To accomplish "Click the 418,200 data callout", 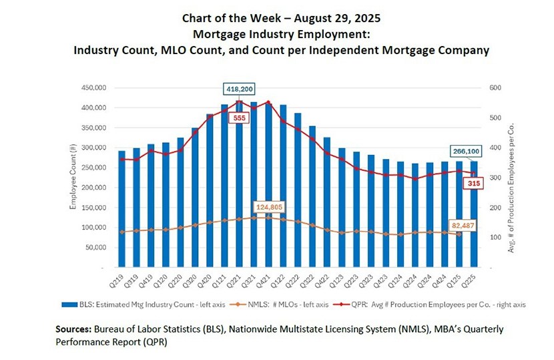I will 239,89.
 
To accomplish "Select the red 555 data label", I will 238,118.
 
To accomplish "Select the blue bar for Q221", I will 238,187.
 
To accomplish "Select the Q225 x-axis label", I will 472,279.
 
